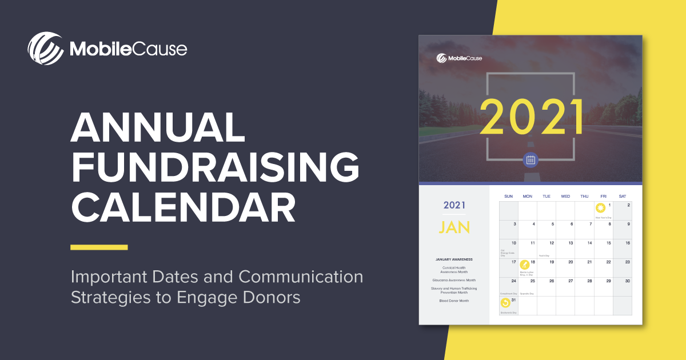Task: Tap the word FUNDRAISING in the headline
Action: click(215, 167)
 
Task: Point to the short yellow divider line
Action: click(99, 247)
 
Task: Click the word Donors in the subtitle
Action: click(270, 298)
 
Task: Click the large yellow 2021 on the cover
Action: click(531, 117)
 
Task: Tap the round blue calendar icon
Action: click(530, 160)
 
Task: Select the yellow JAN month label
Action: click(454, 227)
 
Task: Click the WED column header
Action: click(565, 197)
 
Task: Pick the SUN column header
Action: click(508, 197)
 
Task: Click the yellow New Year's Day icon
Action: click(600, 208)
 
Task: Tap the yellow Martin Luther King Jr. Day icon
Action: click(524, 265)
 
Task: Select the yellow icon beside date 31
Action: click(505, 303)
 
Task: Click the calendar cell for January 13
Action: click(565, 249)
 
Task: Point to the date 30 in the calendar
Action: click(627, 281)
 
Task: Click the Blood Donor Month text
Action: click(454, 301)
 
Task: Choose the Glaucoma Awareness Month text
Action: click(454, 280)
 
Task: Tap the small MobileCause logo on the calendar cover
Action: click(459, 58)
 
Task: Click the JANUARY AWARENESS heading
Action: click(454, 259)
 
